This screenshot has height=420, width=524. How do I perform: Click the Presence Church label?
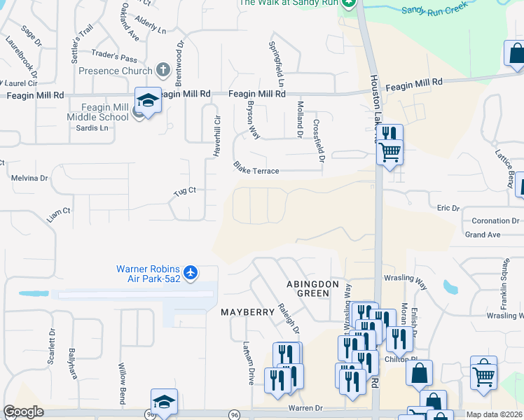pos(115,71)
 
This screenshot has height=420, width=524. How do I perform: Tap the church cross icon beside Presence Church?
pos(163,70)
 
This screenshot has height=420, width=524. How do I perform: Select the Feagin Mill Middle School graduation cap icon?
pos(149,101)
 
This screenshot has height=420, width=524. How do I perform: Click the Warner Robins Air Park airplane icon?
pos(191,271)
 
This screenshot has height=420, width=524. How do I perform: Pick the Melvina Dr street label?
pos(29,178)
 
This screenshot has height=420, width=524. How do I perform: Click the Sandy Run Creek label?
pos(434,10)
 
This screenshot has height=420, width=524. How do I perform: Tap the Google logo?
pos(23,412)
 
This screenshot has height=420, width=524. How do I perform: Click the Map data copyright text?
pos(495,414)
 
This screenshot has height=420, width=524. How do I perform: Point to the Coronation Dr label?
pos(495,221)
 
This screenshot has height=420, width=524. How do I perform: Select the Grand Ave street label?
pos(483,234)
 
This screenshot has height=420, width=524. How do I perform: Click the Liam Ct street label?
pos(59,211)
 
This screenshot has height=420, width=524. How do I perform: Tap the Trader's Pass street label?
pos(115,58)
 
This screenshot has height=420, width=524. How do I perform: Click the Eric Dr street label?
pos(448,208)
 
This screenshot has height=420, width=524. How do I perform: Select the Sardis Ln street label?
pos(94,128)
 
